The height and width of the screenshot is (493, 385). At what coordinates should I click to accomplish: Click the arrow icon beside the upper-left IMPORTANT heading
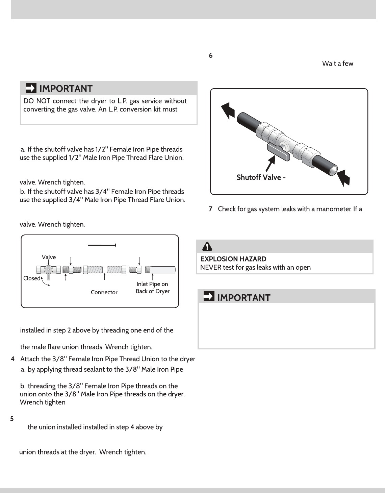click(31, 88)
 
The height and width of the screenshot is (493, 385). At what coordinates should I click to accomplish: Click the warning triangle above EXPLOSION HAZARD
click(207, 247)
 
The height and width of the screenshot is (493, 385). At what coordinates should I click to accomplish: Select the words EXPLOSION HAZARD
click(233, 259)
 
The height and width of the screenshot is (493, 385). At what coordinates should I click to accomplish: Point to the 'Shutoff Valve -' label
click(261, 177)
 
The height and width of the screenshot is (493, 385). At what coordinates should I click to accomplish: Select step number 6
click(211, 56)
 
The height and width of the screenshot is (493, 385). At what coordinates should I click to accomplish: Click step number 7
click(211, 209)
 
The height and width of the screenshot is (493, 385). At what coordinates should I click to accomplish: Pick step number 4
click(12, 359)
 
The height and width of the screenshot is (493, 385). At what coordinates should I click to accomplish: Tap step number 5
click(12, 419)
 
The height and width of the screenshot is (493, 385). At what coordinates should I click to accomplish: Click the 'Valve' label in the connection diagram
click(49, 257)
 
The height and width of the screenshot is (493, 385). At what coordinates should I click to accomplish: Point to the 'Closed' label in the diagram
click(32, 278)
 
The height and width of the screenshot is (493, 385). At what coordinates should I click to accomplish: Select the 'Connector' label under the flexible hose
click(104, 292)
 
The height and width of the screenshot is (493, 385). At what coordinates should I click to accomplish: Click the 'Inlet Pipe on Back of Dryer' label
click(152, 288)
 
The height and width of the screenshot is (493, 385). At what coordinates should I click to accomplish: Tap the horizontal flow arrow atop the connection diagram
click(102, 245)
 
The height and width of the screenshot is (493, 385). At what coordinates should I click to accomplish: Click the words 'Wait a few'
click(337, 64)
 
